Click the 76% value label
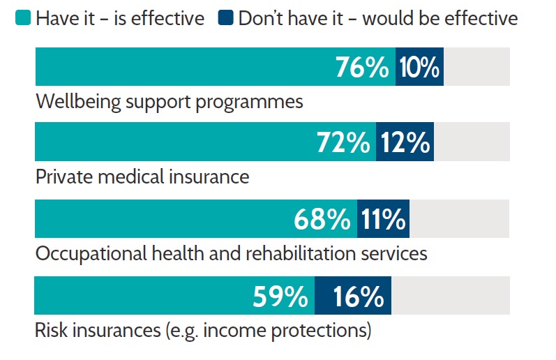point(361,68)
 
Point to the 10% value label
point(419,68)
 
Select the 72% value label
point(343,142)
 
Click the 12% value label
point(405,142)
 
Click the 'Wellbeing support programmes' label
point(170,102)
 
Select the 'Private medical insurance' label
point(142,177)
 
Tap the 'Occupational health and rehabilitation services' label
point(231,253)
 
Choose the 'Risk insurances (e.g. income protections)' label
point(203,329)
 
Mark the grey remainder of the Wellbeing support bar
point(476,68)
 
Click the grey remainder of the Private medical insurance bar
point(472,142)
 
